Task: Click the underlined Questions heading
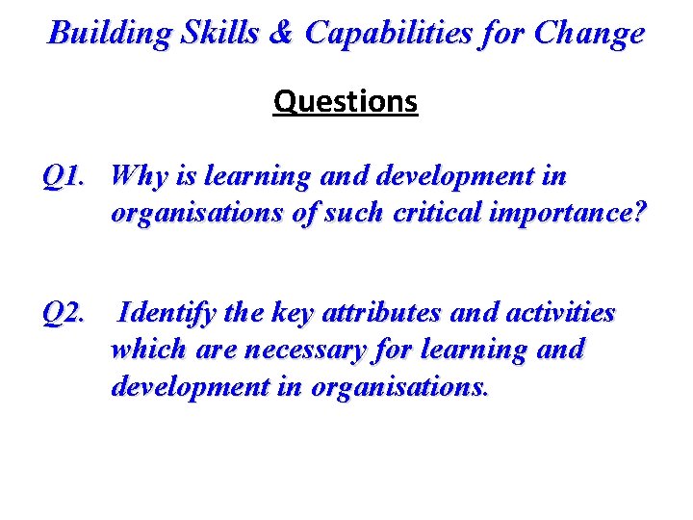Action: click(x=346, y=101)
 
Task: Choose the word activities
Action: click(x=562, y=314)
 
